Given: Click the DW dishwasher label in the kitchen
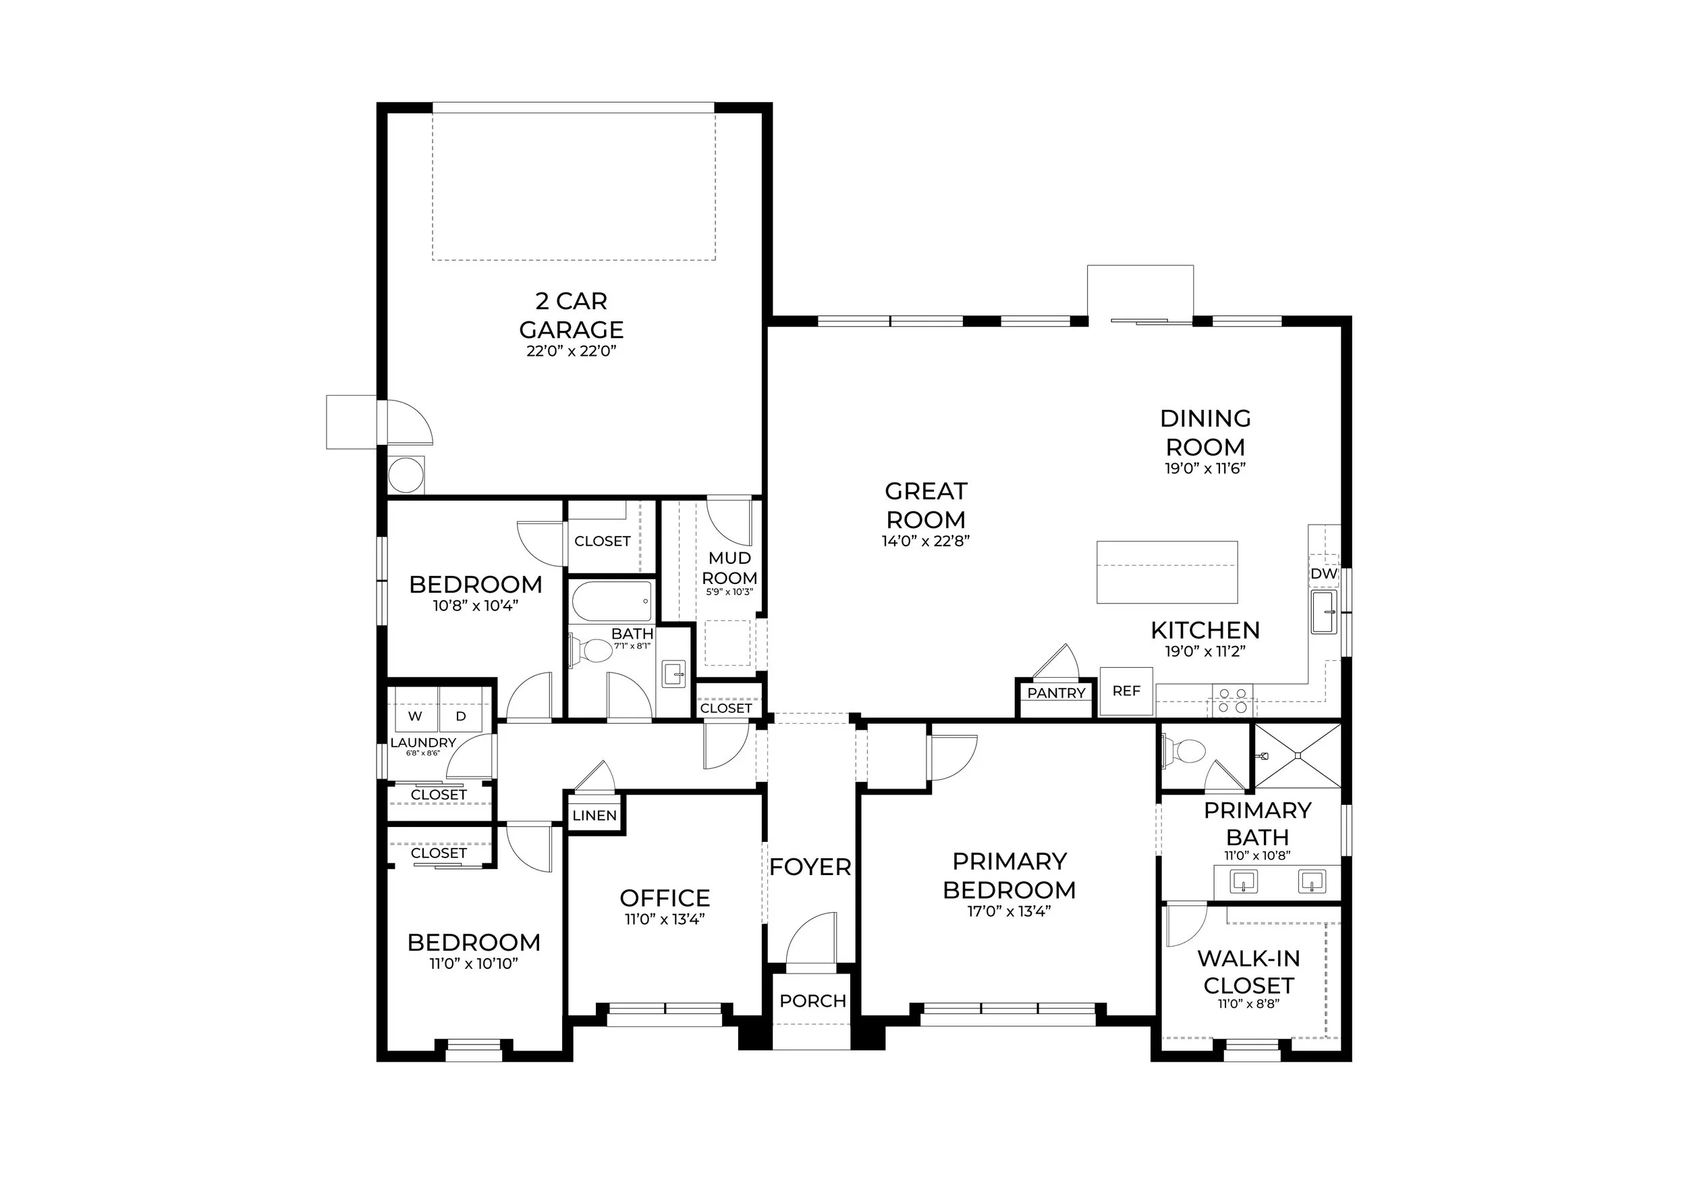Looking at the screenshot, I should [x=1323, y=574].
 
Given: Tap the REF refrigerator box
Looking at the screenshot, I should [x=1126, y=691].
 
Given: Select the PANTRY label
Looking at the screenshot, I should [x=1056, y=693].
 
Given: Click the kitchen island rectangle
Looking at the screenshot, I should [x=1167, y=572].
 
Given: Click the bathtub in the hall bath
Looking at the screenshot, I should [x=612, y=602].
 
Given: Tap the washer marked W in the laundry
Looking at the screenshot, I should [x=415, y=716].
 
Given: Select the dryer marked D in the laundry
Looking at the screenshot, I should [x=461, y=716].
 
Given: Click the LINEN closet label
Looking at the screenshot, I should [x=594, y=815].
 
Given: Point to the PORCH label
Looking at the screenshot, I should [x=812, y=1001].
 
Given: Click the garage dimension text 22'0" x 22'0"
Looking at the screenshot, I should [x=571, y=351].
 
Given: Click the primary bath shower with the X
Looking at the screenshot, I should [x=1298, y=755].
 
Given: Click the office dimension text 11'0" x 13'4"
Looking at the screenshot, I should [x=664, y=920].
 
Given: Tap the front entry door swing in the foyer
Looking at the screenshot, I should [x=810, y=938].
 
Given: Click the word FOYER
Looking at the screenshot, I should [x=810, y=868].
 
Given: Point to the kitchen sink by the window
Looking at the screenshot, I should [x=1325, y=612].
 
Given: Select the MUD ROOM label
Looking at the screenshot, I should [x=729, y=568].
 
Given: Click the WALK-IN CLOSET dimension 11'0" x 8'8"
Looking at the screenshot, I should [x=1248, y=1004].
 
